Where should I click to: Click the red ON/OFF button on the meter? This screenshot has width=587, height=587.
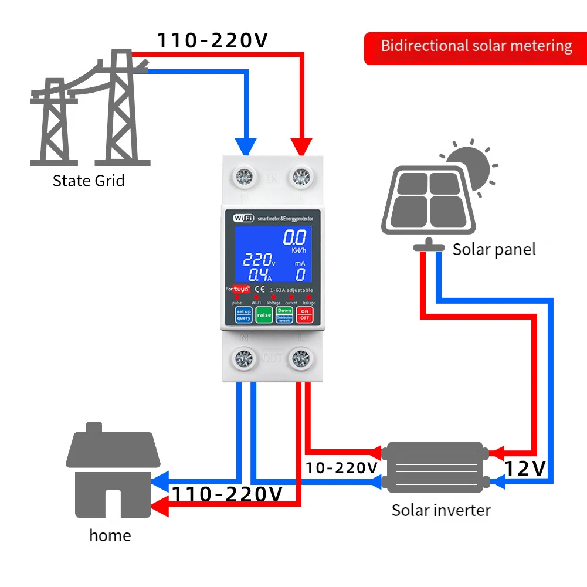[x=304, y=314]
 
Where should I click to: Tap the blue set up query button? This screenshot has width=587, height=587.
[x=243, y=314]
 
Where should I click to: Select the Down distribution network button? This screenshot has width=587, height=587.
[x=284, y=314]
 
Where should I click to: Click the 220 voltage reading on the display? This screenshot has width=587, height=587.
[x=258, y=260]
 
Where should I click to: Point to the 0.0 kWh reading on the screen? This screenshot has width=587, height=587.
[x=294, y=239]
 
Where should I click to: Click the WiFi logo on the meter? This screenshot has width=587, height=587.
[x=243, y=218]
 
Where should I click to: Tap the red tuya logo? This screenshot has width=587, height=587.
[x=242, y=289]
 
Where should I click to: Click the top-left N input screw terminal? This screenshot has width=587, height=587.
[x=243, y=175]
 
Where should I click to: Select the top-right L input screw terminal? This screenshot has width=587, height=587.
[x=301, y=175]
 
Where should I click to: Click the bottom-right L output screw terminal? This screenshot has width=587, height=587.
[x=301, y=358]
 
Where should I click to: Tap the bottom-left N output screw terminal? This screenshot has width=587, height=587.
[x=243, y=358]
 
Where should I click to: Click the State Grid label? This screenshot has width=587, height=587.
[x=89, y=180]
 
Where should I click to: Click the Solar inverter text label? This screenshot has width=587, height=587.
[x=441, y=510]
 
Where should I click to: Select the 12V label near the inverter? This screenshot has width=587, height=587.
[x=525, y=468]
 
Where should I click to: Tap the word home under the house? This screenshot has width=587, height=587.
[x=110, y=535]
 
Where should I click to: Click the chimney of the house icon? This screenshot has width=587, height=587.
[x=94, y=427]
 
